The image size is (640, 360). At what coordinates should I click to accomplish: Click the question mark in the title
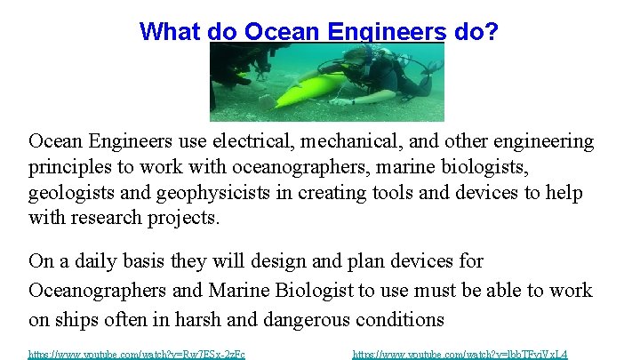(491, 32)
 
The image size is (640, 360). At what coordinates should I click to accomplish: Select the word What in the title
(170, 32)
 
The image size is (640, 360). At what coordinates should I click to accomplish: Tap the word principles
(67, 167)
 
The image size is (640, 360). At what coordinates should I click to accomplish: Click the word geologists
(68, 193)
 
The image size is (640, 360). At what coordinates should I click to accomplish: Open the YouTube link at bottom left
(137, 354)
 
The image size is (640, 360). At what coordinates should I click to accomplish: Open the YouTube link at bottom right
(460, 354)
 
